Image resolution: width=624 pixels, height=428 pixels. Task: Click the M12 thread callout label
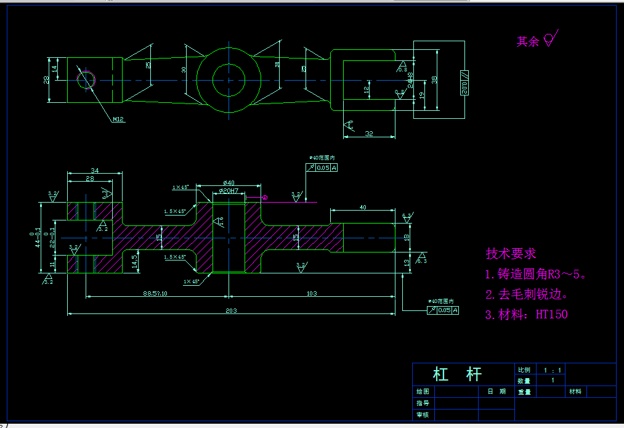click(x=118, y=119)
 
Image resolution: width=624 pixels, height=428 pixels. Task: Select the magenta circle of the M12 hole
click(x=86, y=79)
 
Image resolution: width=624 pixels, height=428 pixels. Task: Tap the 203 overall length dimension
click(x=231, y=310)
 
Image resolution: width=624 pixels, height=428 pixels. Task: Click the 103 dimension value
click(x=312, y=294)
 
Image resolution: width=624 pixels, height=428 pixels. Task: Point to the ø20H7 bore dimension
click(x=227, y=192)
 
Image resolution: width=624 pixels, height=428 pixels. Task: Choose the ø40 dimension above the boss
click(x=229, y=183)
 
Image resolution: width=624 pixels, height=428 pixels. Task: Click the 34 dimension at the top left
click(x=94, y=170)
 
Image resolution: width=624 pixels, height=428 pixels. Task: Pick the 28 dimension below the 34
click(x=90, y=179)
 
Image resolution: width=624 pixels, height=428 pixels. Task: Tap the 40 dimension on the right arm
click(x=363, y=208)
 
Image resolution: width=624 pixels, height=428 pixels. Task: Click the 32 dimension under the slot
click(x=369, y=133)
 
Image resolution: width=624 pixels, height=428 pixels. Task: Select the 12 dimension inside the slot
click(x=367, y=89)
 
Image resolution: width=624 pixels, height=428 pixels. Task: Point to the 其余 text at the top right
click(x=527, y=41)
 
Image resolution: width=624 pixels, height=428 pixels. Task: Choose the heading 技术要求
click(x=511, y=253)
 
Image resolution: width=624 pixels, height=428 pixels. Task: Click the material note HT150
click(x=551, y=314)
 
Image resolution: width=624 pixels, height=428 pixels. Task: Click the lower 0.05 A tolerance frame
click(x=443, y=310)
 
